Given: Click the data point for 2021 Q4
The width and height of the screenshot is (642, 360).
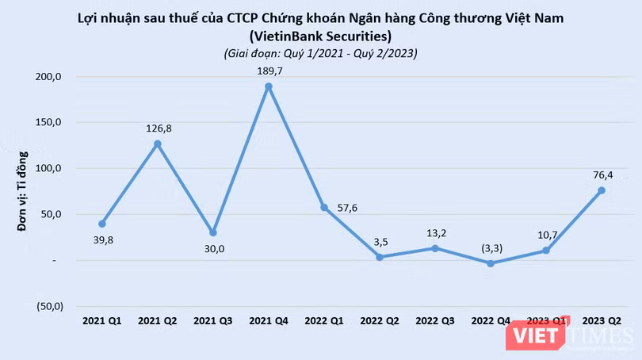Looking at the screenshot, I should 269,86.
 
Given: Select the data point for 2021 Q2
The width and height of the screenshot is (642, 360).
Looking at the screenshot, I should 158,144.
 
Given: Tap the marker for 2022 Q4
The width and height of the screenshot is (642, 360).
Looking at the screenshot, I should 491,263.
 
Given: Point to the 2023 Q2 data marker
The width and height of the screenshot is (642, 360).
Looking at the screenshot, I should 602,190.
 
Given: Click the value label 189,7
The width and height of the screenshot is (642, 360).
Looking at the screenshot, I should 269,70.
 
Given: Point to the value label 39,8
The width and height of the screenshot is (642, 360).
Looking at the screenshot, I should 102,239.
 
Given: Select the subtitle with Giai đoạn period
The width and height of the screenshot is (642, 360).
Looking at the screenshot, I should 320,53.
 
